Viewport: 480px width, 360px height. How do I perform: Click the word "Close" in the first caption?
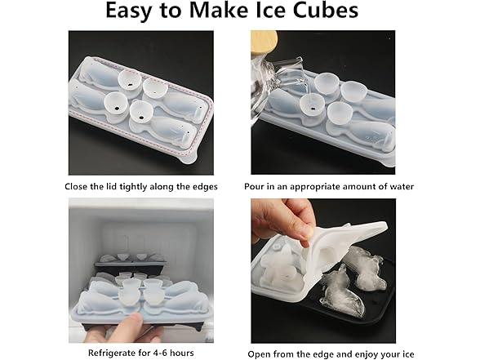click(79, 187)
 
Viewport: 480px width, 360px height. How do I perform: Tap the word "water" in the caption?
click(399, 187)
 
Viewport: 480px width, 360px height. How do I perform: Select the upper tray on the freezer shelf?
click(131, 261)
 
